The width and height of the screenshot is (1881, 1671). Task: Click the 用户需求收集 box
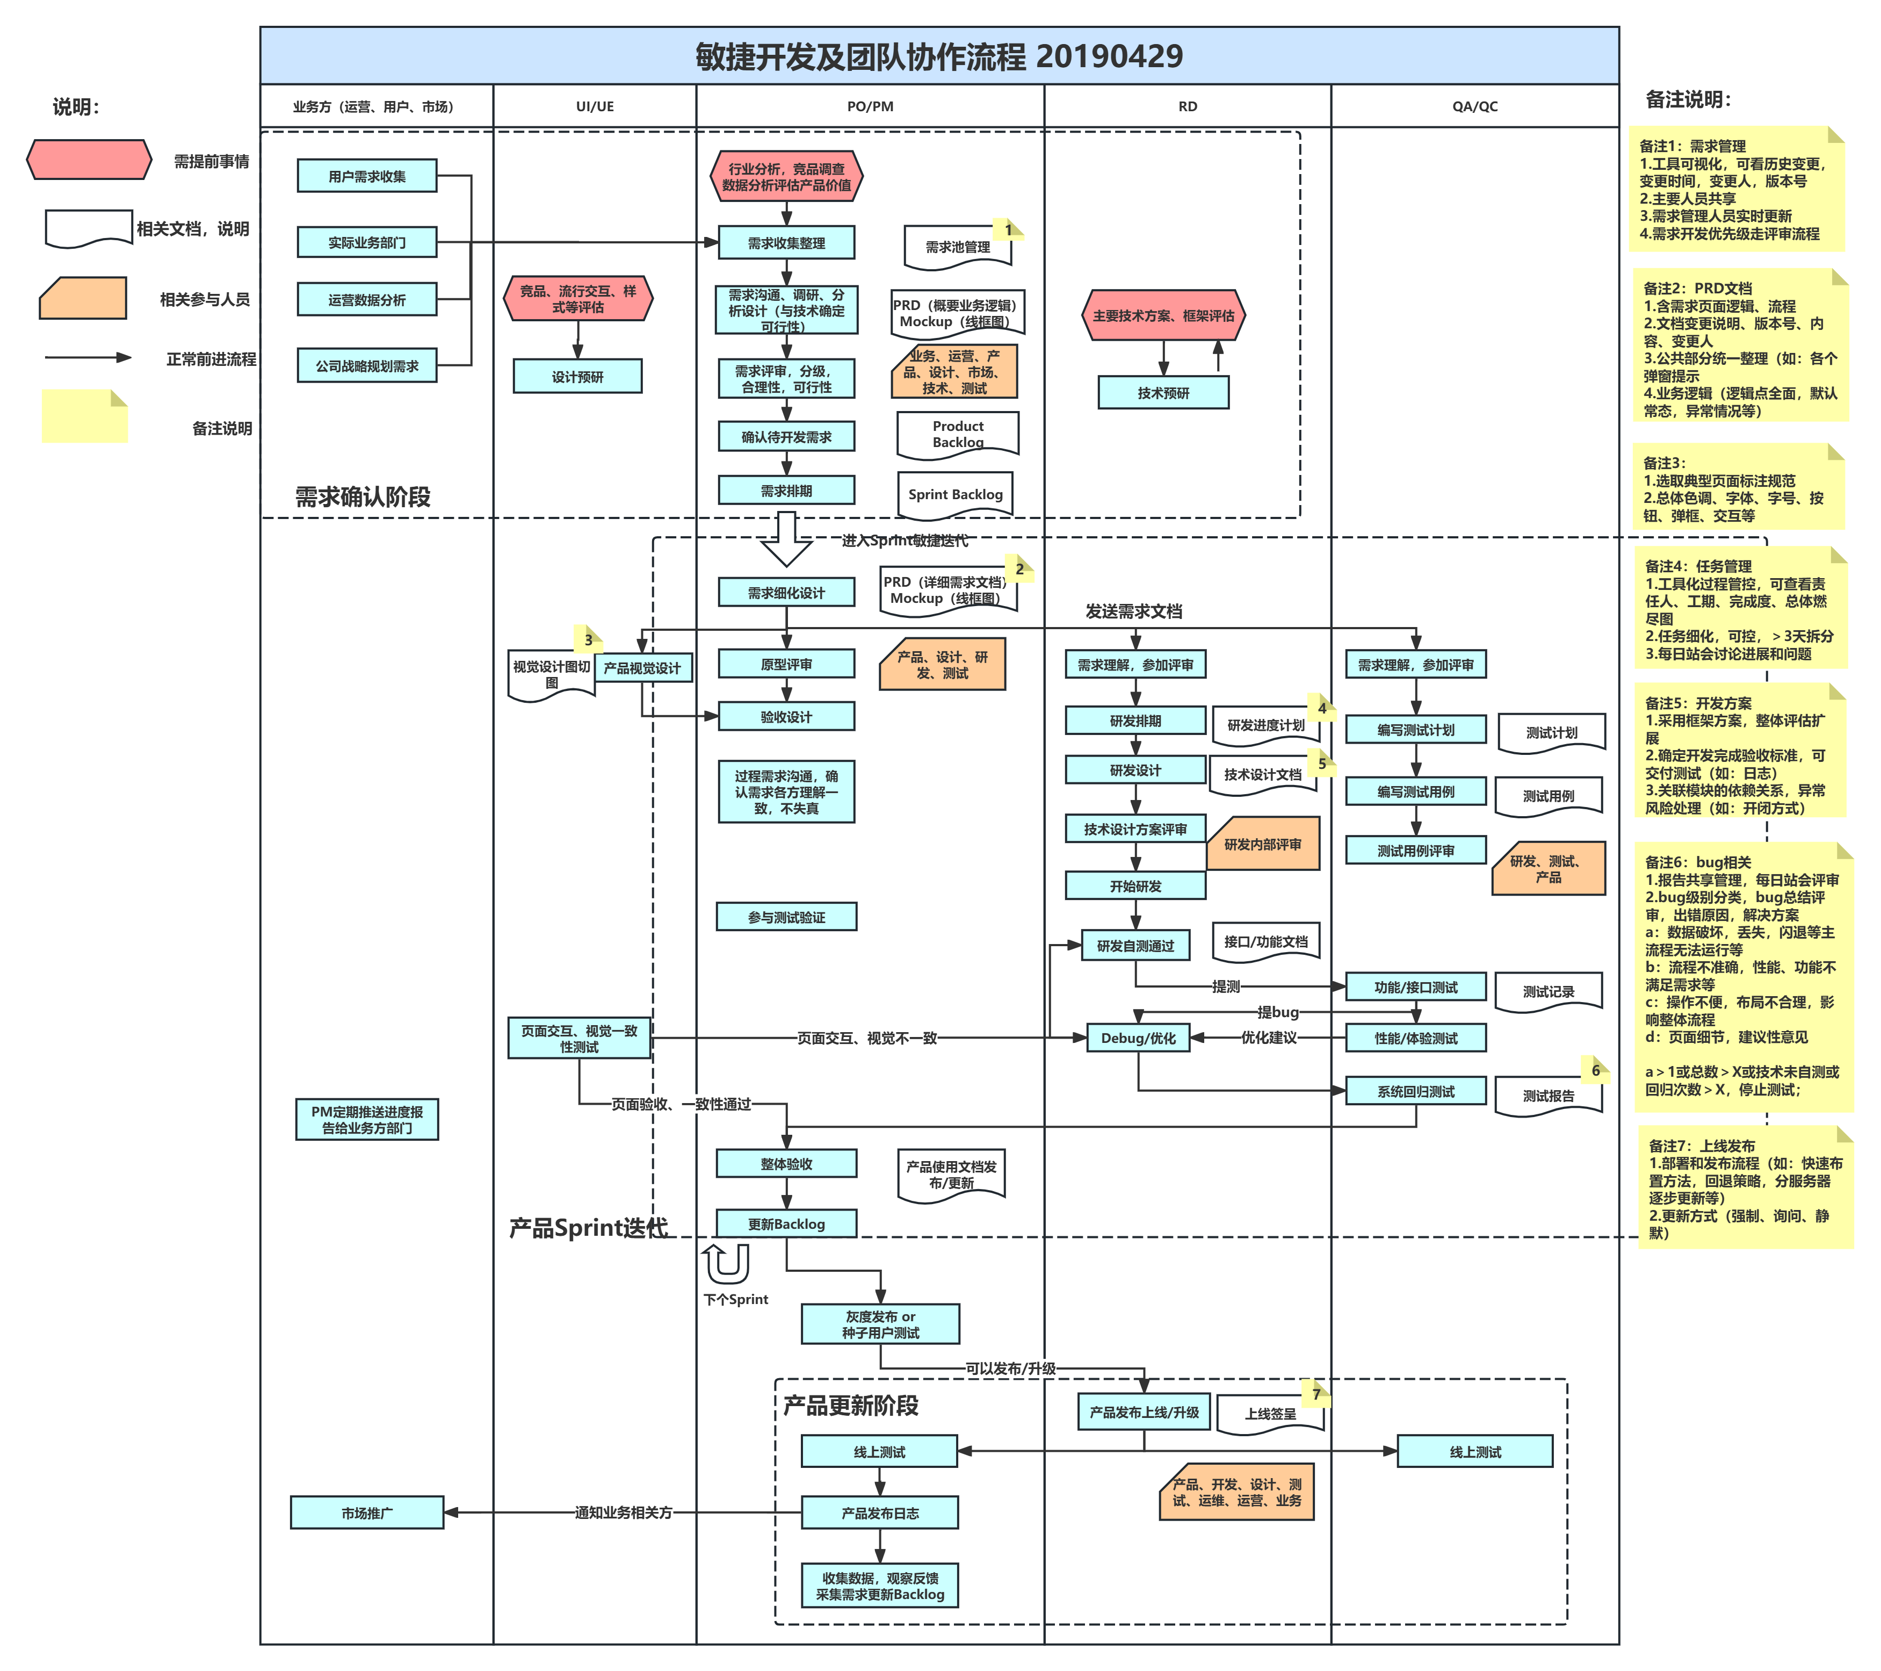coord(366,176)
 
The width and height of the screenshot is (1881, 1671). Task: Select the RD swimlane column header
coord(1187,106)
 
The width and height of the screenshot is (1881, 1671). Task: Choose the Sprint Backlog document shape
coord(955,494)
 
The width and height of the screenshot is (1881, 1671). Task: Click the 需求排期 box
coord(786,491)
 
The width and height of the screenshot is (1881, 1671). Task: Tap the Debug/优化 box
coord(1138,1038)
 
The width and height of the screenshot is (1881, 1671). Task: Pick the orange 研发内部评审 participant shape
coord(1263,844)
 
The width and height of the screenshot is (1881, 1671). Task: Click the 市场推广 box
coord(366,1512)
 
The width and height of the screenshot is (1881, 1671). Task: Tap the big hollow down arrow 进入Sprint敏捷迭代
coord(786,541)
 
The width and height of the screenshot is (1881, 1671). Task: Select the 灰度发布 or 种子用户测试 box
coord(880,1324)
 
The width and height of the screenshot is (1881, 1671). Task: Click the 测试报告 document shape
coord(1548,1096)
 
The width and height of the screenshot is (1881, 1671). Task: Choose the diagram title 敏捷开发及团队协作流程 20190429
coord(939,56)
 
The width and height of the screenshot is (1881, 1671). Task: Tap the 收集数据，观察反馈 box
coord(880,1586)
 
